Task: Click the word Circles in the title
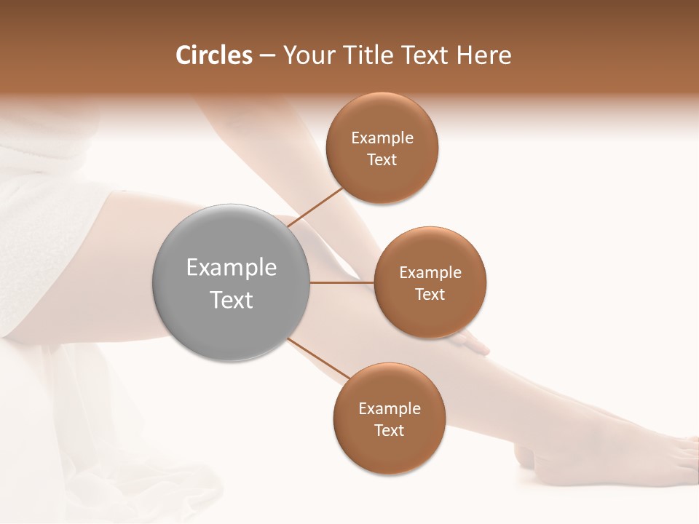[213, 55]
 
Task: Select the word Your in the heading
[307, 55]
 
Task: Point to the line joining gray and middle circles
[341, 282]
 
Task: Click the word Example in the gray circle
[231, 268]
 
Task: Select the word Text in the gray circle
[231, 300]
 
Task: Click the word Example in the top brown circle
[382, 138]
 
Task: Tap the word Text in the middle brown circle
[430, 294]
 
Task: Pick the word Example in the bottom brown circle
[389, 409]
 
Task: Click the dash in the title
[267, 55]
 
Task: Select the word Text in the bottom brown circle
[389, 430]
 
